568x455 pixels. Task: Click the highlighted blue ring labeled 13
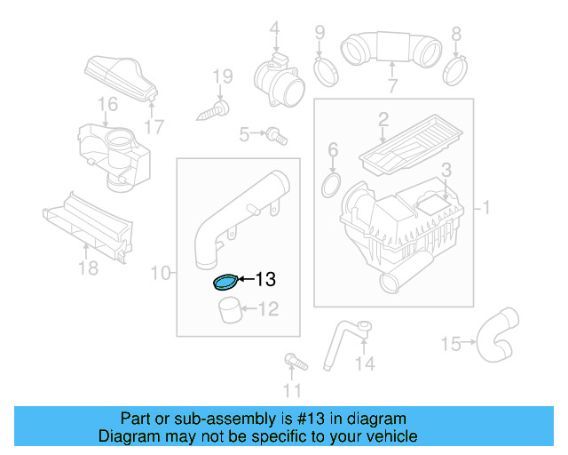pos(225,283)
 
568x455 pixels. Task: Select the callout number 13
pos(265,280)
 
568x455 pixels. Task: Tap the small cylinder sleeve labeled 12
pos(230,313)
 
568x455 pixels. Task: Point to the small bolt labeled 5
pos(277,135)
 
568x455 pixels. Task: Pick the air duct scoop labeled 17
pos(120,77)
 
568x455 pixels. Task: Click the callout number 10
pos(160,273)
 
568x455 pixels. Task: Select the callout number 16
pos(107,106)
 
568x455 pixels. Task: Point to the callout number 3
pos(446,169)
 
